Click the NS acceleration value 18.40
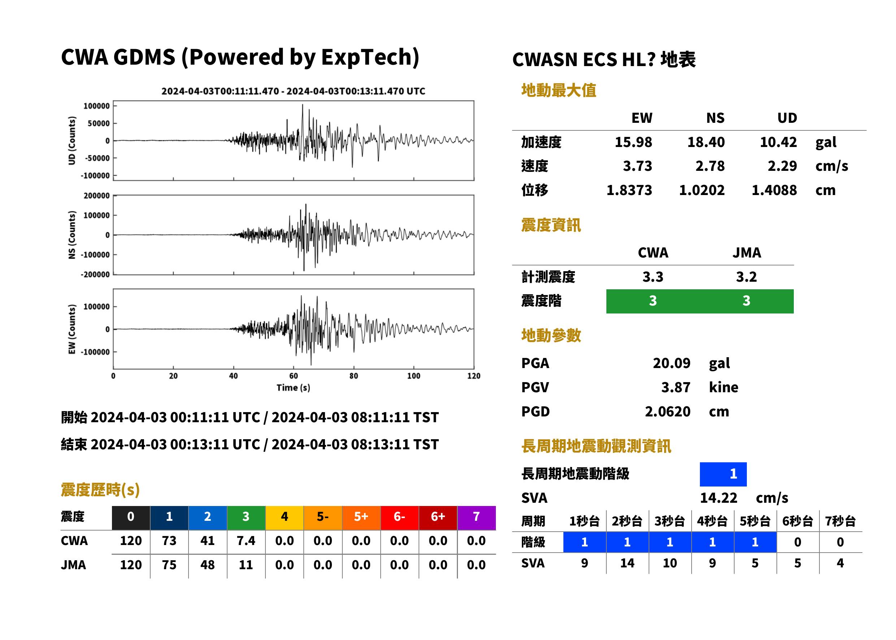[706, 142]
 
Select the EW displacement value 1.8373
[629, 190]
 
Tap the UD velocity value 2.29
[782, 166]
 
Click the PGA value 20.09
[671, 363]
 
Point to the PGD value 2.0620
[667, 411]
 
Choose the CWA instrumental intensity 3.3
[653, 277]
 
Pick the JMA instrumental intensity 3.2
[746, 277]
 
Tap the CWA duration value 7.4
[246, 541]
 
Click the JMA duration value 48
[208, 565]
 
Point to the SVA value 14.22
[718, 498]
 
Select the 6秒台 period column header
[797, 521]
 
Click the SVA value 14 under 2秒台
[627, 563]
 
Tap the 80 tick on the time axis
[354, 376]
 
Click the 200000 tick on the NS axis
[96, 196]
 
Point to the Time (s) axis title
[293, 388]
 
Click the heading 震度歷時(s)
[100, 490]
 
